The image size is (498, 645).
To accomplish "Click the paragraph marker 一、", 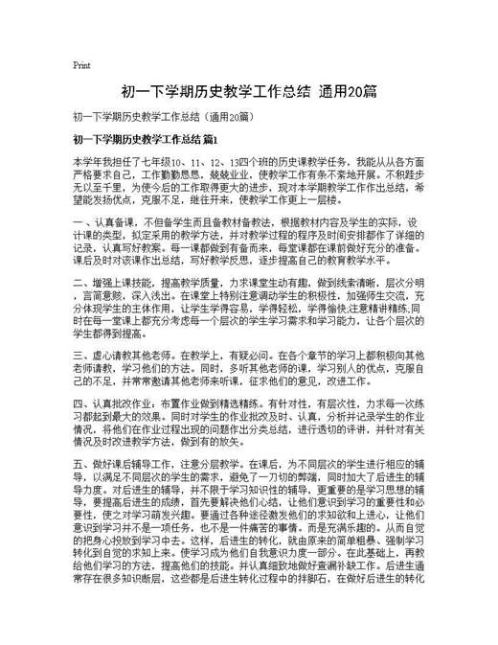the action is point(79,223).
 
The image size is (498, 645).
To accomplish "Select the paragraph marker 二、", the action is point(79,284).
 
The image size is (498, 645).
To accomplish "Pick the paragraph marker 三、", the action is point(79,355).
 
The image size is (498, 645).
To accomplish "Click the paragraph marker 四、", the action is point(79,403).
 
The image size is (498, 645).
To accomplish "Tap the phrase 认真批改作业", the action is point(116,403).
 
